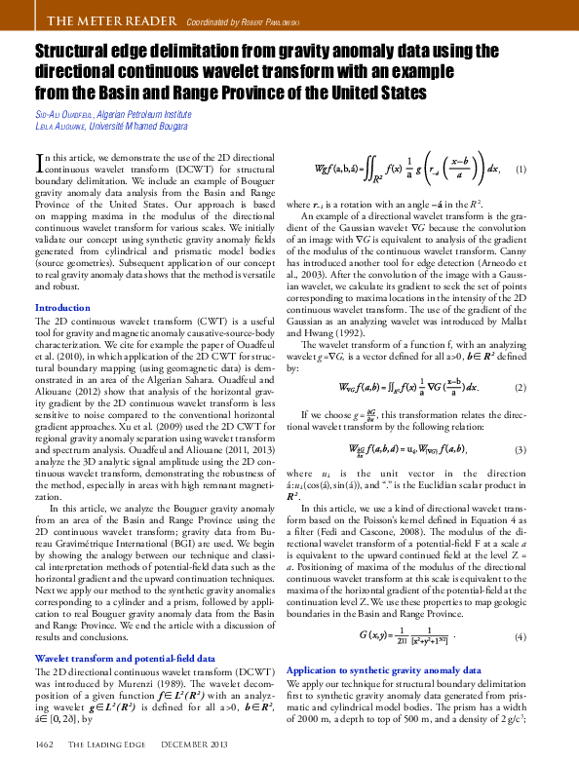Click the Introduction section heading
[62, 308]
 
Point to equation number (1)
[521, 170]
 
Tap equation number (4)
[521, 636]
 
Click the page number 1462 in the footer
[43, 744]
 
